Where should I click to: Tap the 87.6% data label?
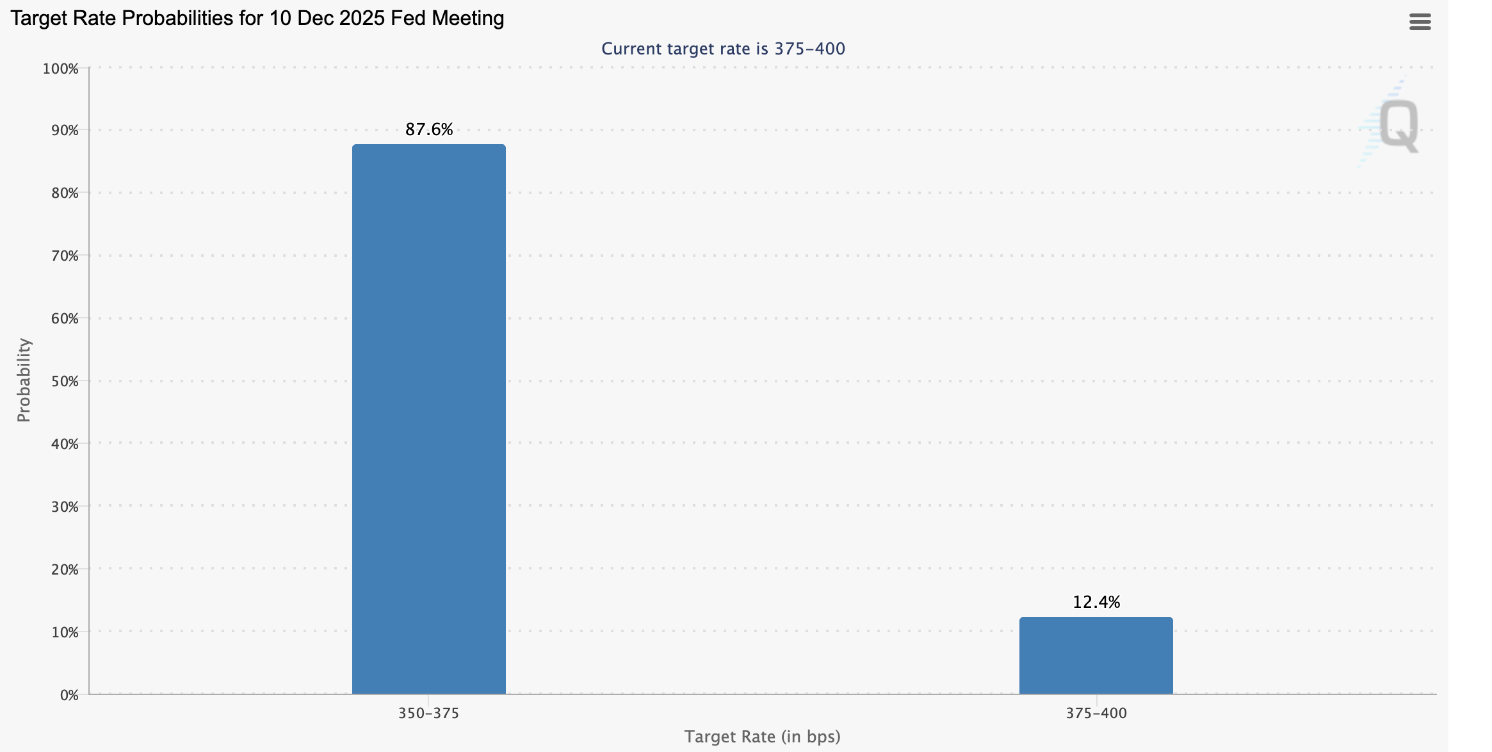[x=428, y=129]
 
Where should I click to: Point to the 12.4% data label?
[x=1096, y=602]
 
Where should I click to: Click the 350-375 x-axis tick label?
[x=428, y=713]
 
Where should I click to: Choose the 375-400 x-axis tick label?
[x=1096, y=713]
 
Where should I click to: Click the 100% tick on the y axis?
[x=60, y=69]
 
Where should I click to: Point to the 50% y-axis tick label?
[x=64, y=381]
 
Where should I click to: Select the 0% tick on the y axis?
[x=69, y=695]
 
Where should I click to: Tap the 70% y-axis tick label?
[x=64, y=256]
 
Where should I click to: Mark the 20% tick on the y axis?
[x=64, y=569]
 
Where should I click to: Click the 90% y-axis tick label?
[x=64, y=131]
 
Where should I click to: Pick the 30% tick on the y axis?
[x=64, y=507]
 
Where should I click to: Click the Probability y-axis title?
[x=24, y=380]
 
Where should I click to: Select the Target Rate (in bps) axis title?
[x=762, y=737]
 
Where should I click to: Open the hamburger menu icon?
[x=1420, y=22]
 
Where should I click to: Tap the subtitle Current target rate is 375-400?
[x=723, y=49]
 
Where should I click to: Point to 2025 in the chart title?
[x=362, y=18]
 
